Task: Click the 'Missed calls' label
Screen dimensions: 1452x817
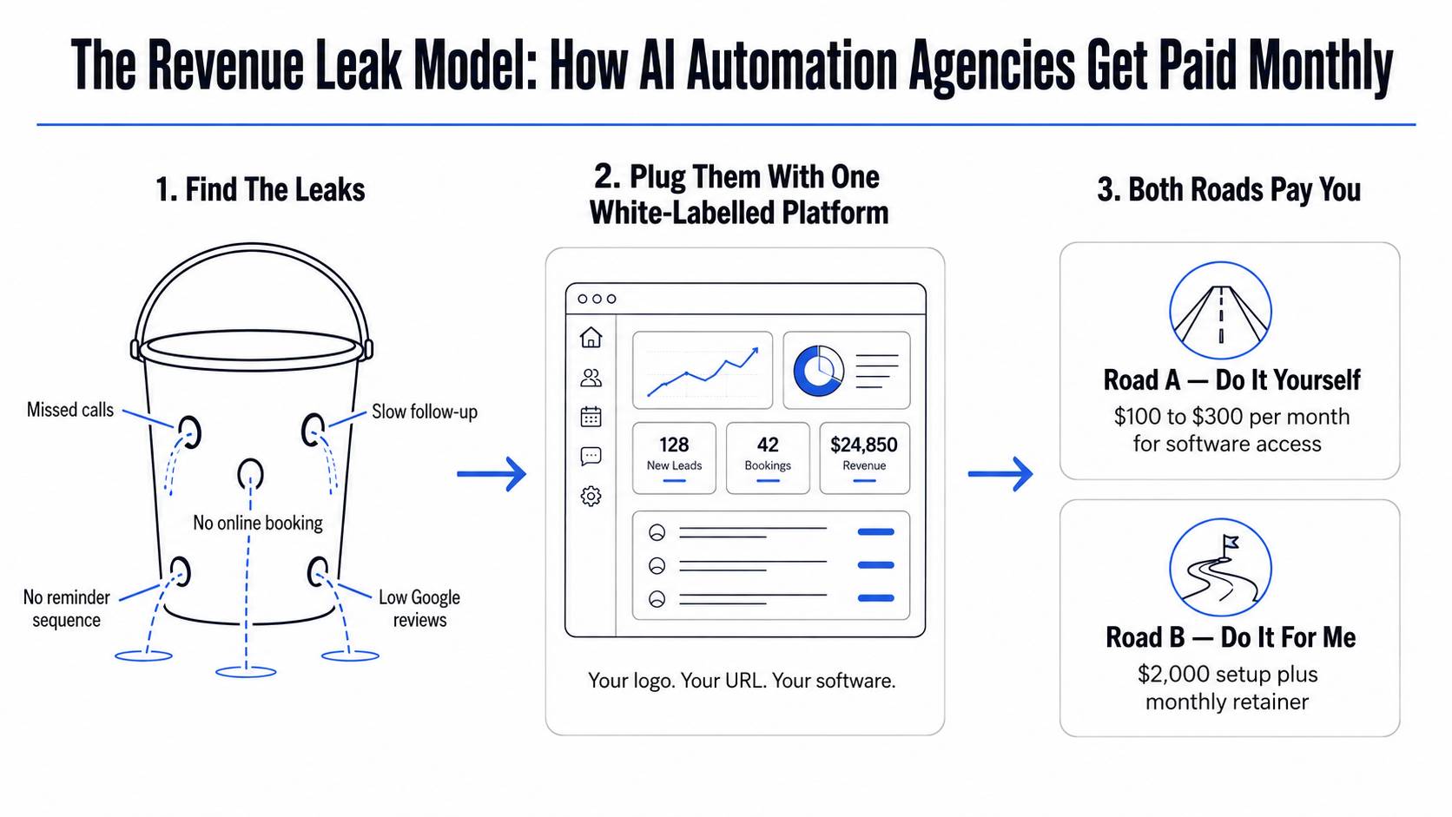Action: [70, 410]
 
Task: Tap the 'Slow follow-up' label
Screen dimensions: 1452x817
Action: [425, 412]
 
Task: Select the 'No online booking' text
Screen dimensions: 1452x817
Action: [258, 523]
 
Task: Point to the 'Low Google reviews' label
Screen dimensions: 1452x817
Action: [419, 609]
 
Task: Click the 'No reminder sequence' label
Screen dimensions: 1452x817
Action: [66, 609]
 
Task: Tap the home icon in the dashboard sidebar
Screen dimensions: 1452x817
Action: [591, 338]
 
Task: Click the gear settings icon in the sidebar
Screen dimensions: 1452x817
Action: [591, 497]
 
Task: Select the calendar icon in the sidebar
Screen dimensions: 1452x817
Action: [591, 417]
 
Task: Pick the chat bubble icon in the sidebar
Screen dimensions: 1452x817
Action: [591, 457]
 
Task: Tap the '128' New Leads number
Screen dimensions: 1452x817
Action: [674, 445]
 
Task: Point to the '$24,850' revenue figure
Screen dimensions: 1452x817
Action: [864, 445]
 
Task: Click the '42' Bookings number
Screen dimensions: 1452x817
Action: [769, 445]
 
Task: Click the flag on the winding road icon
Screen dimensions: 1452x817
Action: [1230, 542]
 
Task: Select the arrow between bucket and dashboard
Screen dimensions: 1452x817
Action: [492, 474]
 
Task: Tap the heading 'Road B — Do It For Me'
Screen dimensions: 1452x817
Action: [1231, 637]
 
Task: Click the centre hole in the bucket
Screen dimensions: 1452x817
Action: [250, 473]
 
